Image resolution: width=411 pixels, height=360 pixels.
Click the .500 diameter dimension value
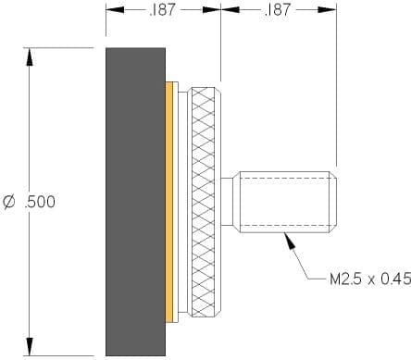click(x=40, y=202)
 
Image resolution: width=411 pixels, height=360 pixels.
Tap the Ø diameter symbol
click(x=8, y=202)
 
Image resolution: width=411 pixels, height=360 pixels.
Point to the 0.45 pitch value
click(x=396, y=279)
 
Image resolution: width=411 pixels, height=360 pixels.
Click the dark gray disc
click(x=135, y=202)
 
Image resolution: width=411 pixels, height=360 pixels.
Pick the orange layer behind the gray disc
click(x=169, y=202)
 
